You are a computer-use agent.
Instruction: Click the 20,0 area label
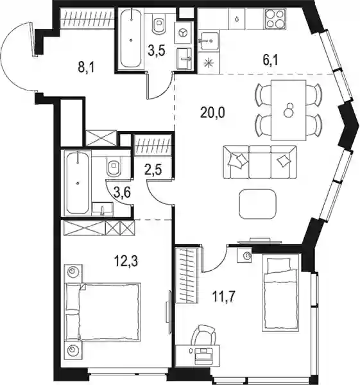(212, 113)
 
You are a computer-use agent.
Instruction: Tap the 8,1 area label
(86, 67)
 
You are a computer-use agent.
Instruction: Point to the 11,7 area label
(223, 297)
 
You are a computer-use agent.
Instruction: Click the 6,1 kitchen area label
(271, 60)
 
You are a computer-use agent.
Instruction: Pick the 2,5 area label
(153, 170)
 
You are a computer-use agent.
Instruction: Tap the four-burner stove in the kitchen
(275, 19)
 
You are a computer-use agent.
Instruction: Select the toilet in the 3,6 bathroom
(114, 167)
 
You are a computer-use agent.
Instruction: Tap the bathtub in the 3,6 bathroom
(78, 183)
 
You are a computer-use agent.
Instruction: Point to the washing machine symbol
(183, 33)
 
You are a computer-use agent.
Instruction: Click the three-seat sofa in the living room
(260, 162)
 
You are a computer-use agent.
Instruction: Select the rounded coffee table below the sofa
(258, 204)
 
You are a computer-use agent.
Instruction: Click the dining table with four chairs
(288, 110)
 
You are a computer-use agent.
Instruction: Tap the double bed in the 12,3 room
(103, 312)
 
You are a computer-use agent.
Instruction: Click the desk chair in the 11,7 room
(203, 334)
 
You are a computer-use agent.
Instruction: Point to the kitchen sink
(208, 41)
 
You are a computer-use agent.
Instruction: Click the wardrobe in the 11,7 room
(187, 275)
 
